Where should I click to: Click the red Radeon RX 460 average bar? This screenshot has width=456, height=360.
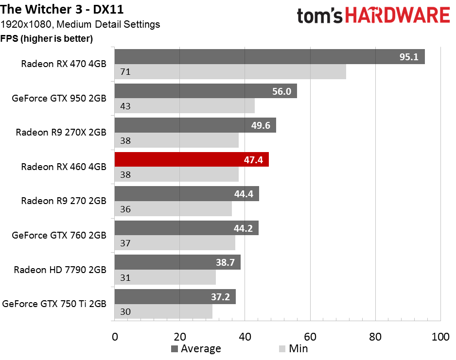pos(191,160)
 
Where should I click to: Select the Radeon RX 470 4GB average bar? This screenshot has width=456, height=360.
pos(269,57)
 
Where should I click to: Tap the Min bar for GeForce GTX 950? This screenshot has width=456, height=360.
pos(184,106)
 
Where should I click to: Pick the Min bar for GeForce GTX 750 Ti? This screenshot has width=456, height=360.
pos(163,312)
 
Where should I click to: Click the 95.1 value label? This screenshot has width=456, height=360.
pos(409,57)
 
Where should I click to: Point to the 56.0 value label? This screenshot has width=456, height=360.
pos(281,91)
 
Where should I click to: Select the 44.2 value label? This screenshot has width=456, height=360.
pos(243,228)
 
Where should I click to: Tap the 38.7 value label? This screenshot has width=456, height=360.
pos(225,263)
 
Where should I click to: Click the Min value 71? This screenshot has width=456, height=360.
pos(125,72)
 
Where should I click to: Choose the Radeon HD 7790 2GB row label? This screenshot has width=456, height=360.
pos(60,270)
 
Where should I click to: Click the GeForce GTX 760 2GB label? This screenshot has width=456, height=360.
pos(59,236)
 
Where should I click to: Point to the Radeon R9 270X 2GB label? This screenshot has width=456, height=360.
pos(61,132)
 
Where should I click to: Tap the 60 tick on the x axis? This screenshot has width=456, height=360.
pos(310,337)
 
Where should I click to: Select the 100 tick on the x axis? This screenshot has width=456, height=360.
pos(440,337)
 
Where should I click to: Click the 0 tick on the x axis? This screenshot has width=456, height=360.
pos(115,337)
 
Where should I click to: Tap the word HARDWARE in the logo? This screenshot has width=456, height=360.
pos(401,16)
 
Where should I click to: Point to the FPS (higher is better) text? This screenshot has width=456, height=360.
pos(47,38)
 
